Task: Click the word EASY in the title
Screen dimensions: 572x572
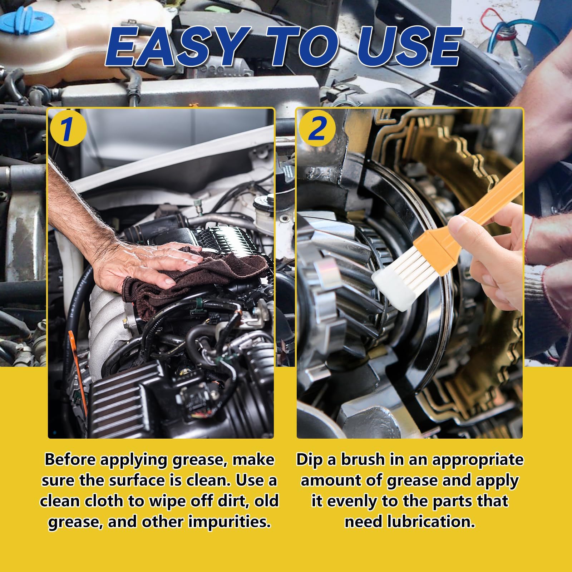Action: pyautogui.click(x=177, y=46)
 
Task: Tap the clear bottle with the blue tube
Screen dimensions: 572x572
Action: pyautogui.click(x=508, y=43)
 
